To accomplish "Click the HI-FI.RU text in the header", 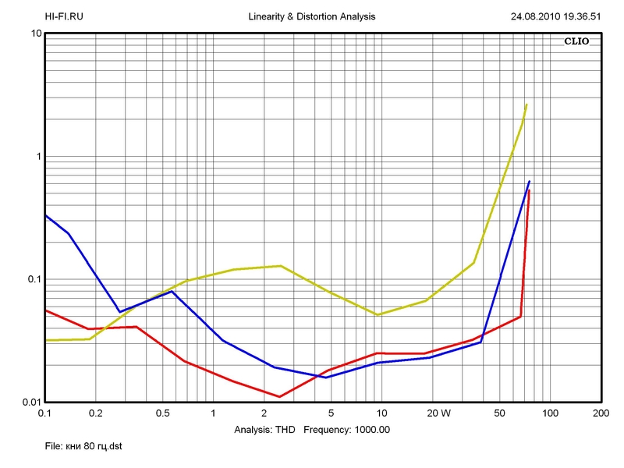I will point(64,16).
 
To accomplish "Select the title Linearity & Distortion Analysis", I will point(311,16).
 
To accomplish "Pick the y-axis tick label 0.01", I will point(30,402).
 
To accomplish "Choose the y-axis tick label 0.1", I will point(33,279).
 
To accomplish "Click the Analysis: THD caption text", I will point(264,430).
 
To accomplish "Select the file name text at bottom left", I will point(83,446).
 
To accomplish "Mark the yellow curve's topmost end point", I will point(526,105).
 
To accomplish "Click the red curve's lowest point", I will point(279,397).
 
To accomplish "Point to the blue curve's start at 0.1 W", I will point(45,214).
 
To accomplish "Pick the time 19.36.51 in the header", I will point(580,16).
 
